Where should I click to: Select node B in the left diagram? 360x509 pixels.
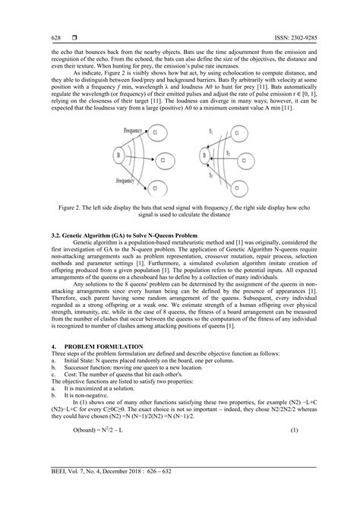118,157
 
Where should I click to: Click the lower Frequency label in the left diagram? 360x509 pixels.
131,182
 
